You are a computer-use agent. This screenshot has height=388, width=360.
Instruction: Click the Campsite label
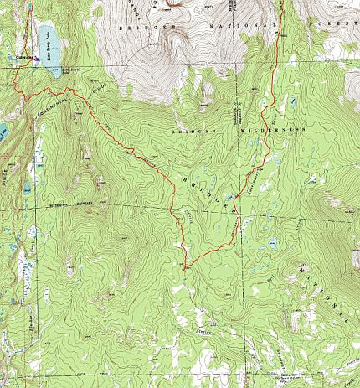point(24,58)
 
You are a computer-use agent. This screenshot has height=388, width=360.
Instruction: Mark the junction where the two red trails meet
point(183,267)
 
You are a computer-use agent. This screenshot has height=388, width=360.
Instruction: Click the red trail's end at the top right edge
point(282,3)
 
